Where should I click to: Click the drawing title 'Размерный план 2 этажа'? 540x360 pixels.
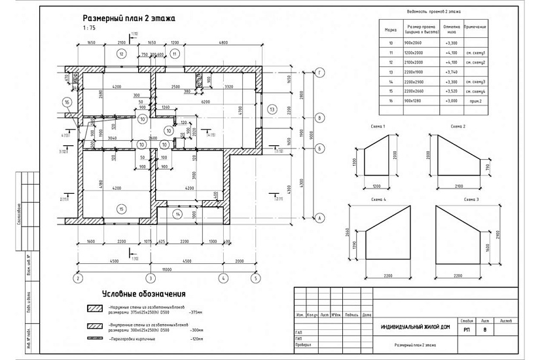click(x=129, y=18)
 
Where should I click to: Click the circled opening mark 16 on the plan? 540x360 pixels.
click(x=67, y=102)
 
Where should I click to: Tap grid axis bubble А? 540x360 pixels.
click(x=319, y=218)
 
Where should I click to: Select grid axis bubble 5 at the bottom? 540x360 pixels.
click(x=253, y=278)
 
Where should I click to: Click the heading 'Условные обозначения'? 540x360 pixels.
click(x=144, y=294)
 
